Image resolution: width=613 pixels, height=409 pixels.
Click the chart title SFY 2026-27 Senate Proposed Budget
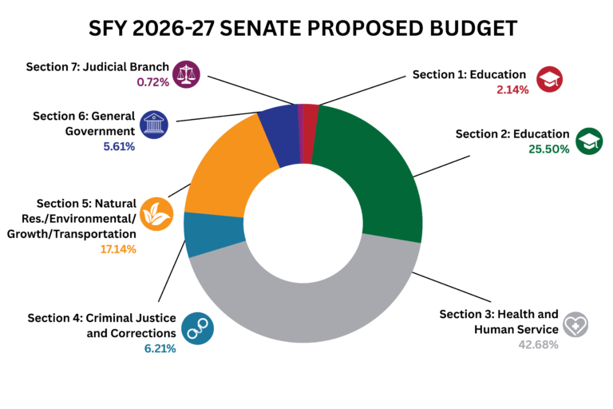point(306,29)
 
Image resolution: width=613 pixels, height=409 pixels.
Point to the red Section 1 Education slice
point(310,133)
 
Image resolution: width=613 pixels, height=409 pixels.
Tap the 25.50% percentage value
point(548,149)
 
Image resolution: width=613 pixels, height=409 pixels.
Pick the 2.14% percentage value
point(512,89)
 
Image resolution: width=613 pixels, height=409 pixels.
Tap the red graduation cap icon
point(551,79)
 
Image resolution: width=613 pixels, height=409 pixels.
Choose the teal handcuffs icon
point(196,325)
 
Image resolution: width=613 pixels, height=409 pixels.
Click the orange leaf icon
point(155,214)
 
